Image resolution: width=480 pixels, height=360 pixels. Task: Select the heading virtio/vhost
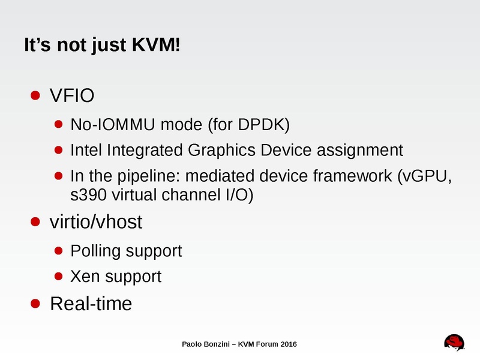tap(96, 222)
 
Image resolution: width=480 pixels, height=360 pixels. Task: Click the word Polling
tap(95, 251)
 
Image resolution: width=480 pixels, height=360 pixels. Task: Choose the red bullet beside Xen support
tap(59, 276)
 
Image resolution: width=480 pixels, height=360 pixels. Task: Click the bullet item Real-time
tap(91, 304)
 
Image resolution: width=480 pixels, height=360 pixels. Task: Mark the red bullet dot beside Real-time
tap(36, 303)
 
